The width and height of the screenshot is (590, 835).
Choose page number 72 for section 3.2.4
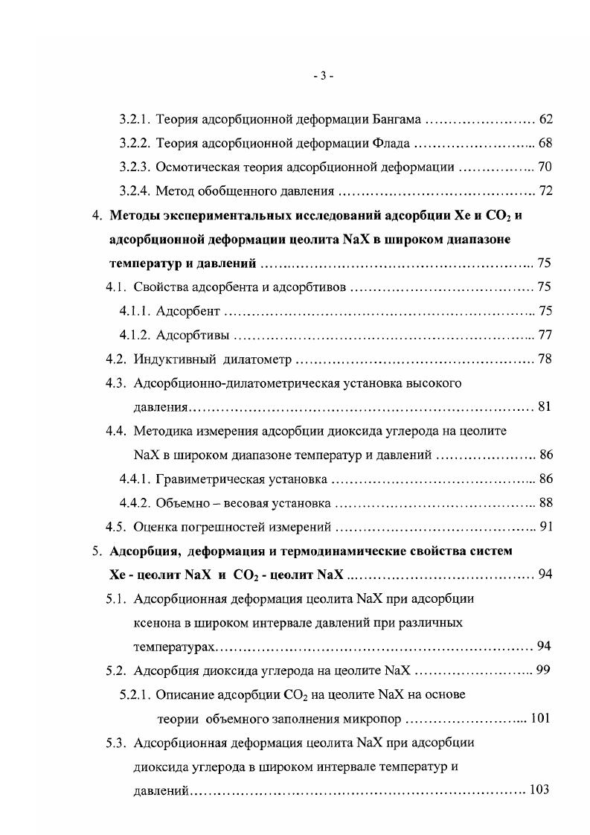coord(545,191)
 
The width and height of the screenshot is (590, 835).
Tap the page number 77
coord(545,335)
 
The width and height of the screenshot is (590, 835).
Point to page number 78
coord(545,359)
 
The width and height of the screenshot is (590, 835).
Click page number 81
coord(544,407)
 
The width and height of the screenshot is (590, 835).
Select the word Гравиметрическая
coord(205,479)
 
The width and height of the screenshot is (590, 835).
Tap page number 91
coord(545,528)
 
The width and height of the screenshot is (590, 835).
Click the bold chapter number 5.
coord(96,551)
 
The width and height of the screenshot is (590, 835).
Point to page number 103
coord(537,790)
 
